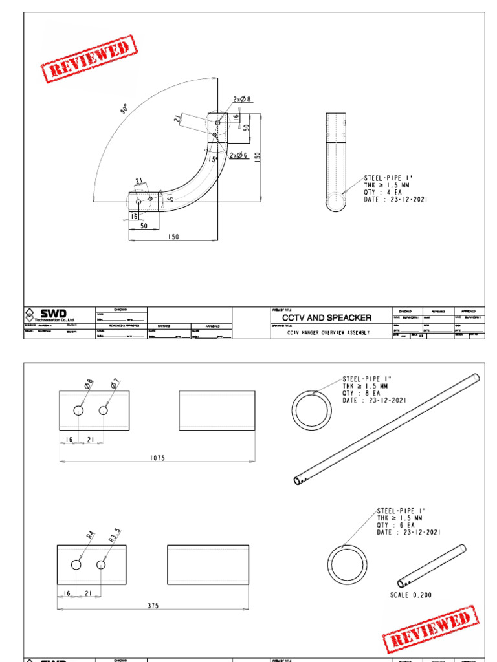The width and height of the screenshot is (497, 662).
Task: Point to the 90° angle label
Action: pyautogui.click(x=124, y=109)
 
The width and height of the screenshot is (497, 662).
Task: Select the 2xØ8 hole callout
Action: pyautogui.click(x=241, y=100)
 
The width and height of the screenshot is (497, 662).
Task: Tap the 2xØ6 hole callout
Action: pyautogui.click(x=239, y=155)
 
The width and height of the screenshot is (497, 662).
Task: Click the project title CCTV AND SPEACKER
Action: pyautogui.click(x=327, y=317)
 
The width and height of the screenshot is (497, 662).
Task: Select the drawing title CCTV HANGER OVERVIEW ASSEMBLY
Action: pyautogui.click(x=327, y=333)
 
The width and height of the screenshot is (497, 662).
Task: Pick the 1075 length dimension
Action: pyautogui.click(x=157, y=458)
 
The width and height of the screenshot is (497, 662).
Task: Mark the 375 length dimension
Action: pyautogui.click(x=152, y=606)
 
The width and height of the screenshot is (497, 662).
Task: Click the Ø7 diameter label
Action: pyautogui.click(x=115, y=386)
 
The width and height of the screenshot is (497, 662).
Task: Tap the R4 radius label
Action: pyautogui.click(x=90, y=535)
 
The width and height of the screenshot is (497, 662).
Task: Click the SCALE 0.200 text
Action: pyautogui.click(x=411, y=595)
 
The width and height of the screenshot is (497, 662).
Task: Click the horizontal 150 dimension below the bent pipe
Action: pyautogui.click(x=173, y=237)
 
